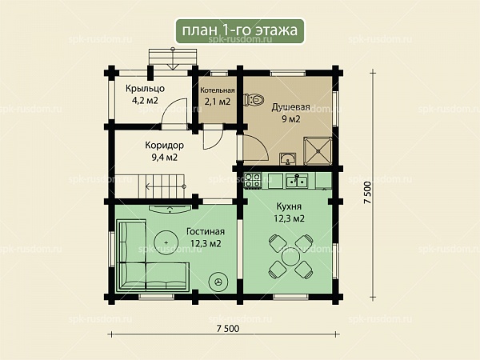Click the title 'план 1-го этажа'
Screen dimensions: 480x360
tap(240, 30)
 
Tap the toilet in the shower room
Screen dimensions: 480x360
tap(254, 100)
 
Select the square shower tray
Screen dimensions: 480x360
tap(318, 151)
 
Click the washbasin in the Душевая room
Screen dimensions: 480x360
tap(287, 159)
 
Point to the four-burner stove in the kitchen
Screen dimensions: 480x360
tap(253, 180)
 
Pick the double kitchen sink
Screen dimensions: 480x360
tap(297, 181)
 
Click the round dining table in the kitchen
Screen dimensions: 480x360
tap(291, 257)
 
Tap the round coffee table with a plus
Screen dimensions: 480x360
tap(166, 242)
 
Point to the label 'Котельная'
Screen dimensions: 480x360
tap(218, 90)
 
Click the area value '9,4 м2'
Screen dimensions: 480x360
tap(164, 158)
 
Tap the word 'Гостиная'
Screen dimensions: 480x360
tap(206, 231)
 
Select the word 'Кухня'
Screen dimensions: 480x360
tap(289, 206)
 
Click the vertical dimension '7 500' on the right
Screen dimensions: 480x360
tap(367, 193)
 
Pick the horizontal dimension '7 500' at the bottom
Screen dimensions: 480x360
tap(228, 329)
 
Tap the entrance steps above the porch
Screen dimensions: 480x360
tap(173, 58)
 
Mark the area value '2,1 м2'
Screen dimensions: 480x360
tap(218, 102)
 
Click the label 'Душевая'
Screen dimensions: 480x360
tap(291, 107)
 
